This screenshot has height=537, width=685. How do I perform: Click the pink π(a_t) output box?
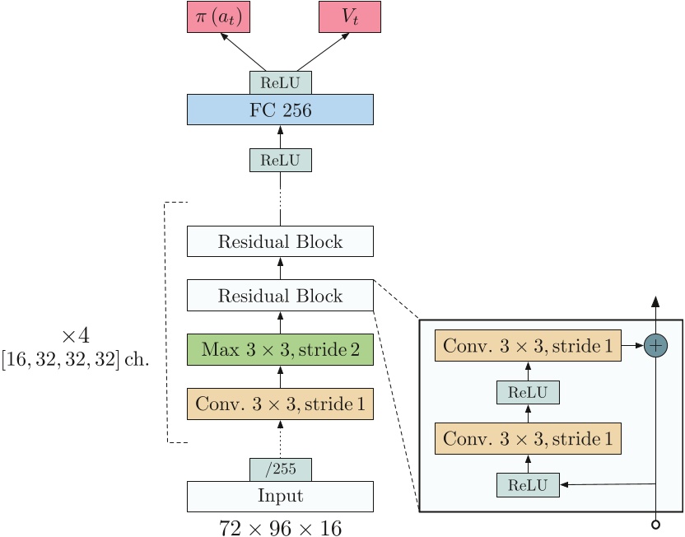(218, 16)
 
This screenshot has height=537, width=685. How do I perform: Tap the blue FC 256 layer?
(280, 110)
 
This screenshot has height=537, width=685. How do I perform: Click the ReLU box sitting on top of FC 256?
(280, 82)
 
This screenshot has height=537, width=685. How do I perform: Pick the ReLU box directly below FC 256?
(280, 160)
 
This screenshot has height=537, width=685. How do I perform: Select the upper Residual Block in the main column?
(280, 242)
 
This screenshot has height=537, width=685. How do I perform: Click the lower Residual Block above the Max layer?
(280, 295)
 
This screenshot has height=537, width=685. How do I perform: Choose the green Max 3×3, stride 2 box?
(280, 349)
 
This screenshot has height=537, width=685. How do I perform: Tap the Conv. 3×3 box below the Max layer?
(280, 404)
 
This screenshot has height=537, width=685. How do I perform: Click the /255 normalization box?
(280, 469)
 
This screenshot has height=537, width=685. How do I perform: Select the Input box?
(280, 497)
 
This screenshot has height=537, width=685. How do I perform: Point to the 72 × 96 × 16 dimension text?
(280, 527)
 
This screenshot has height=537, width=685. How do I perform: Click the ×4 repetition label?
(75, 336)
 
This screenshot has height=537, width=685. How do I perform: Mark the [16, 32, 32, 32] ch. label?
(75, 360)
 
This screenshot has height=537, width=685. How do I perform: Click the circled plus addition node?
(655, 346)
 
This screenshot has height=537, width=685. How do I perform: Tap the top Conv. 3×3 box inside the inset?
(528, 347)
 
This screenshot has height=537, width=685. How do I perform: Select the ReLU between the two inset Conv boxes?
(528, 392)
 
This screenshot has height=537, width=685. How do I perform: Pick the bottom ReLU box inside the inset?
(528, 484)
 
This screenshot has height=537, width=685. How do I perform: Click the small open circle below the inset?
(655, 525)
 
